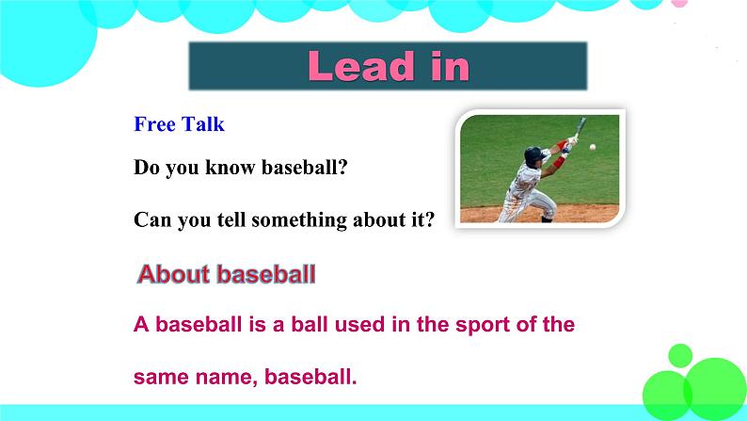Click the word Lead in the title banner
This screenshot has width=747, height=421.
click(x=361, y=66)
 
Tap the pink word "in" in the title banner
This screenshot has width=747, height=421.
click(x=451, y=66)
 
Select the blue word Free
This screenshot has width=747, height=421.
click(x=155, y=124)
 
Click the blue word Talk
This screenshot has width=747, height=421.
click(x=203, y=124)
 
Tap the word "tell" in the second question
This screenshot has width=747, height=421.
click(x=231, y=219)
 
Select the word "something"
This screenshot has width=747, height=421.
click(x=299, y=220)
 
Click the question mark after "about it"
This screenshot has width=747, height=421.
click(x=429, y=219)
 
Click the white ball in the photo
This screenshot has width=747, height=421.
click(x=592, y=147)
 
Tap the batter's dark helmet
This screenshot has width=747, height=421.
click(x=533, y=154)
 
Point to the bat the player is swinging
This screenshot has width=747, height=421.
click(x=580, y=128)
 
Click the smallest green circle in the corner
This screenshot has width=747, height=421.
click(x=680, y=356)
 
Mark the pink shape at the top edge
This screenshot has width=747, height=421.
click(x=679, y=4)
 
